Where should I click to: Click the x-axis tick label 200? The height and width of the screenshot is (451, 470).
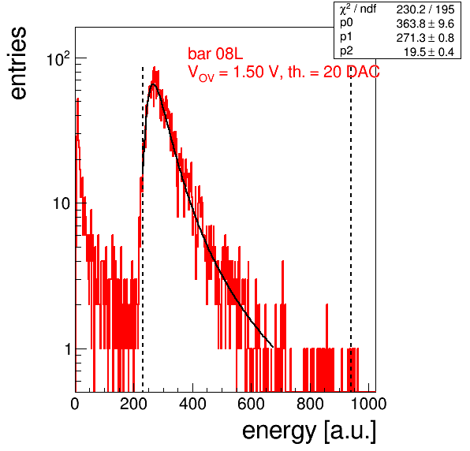(x=133, y=404)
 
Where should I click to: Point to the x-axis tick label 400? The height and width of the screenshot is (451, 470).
(x=192, y=404)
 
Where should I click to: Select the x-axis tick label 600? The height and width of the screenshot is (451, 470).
(x=252, y=404)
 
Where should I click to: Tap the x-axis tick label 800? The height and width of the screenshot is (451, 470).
(x=310, y=404)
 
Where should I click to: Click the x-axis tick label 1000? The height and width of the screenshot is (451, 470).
(x=368, y=404)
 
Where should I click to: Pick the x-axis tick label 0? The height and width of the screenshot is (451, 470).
(x=75, y=404)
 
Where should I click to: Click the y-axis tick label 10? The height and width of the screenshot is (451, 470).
(x=62, y=203)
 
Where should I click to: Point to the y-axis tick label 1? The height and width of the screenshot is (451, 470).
(x=68, y=349)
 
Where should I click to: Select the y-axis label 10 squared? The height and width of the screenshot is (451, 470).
(x=58, y=58)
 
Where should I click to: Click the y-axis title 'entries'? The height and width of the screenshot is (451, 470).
(x=18, y=63)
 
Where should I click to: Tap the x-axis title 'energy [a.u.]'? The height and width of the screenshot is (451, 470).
(x=309, y=431)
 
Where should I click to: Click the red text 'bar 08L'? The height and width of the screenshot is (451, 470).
(x=215, y=54)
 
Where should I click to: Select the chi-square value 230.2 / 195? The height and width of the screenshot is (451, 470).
(x=425, y=9)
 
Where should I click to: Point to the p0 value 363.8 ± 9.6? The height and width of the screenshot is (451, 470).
(x=425, y=24)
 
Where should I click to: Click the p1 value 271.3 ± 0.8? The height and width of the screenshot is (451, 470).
(x=425, y=38)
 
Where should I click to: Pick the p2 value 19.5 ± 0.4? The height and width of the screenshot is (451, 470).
(x=429, y=52)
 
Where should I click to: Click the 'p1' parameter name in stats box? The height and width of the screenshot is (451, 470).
(x=346, y=37)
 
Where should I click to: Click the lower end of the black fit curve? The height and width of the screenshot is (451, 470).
(x=273, y=347)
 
